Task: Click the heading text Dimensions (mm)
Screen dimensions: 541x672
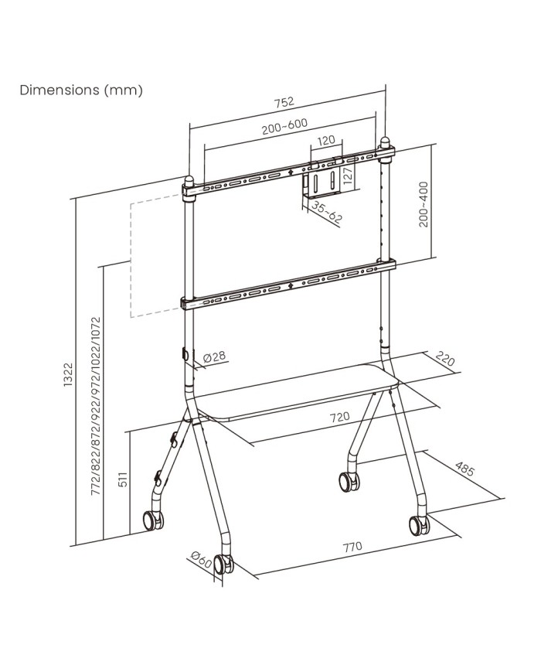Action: tap(81, 90)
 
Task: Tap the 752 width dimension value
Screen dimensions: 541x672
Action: tap(284, 102)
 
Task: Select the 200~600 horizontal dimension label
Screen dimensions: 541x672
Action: tap(284, 126)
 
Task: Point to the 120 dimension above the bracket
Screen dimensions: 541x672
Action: tap(326, 141)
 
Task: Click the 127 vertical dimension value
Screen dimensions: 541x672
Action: tap(347, 176)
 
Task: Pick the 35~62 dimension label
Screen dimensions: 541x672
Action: tap(326, 212)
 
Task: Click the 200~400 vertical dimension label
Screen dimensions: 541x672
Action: tap(424, 204)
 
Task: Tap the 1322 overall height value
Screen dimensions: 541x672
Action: tap(68, 374)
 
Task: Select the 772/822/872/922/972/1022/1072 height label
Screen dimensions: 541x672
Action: tap(96, 406)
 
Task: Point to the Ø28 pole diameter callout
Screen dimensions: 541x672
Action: tap(215, 356)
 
